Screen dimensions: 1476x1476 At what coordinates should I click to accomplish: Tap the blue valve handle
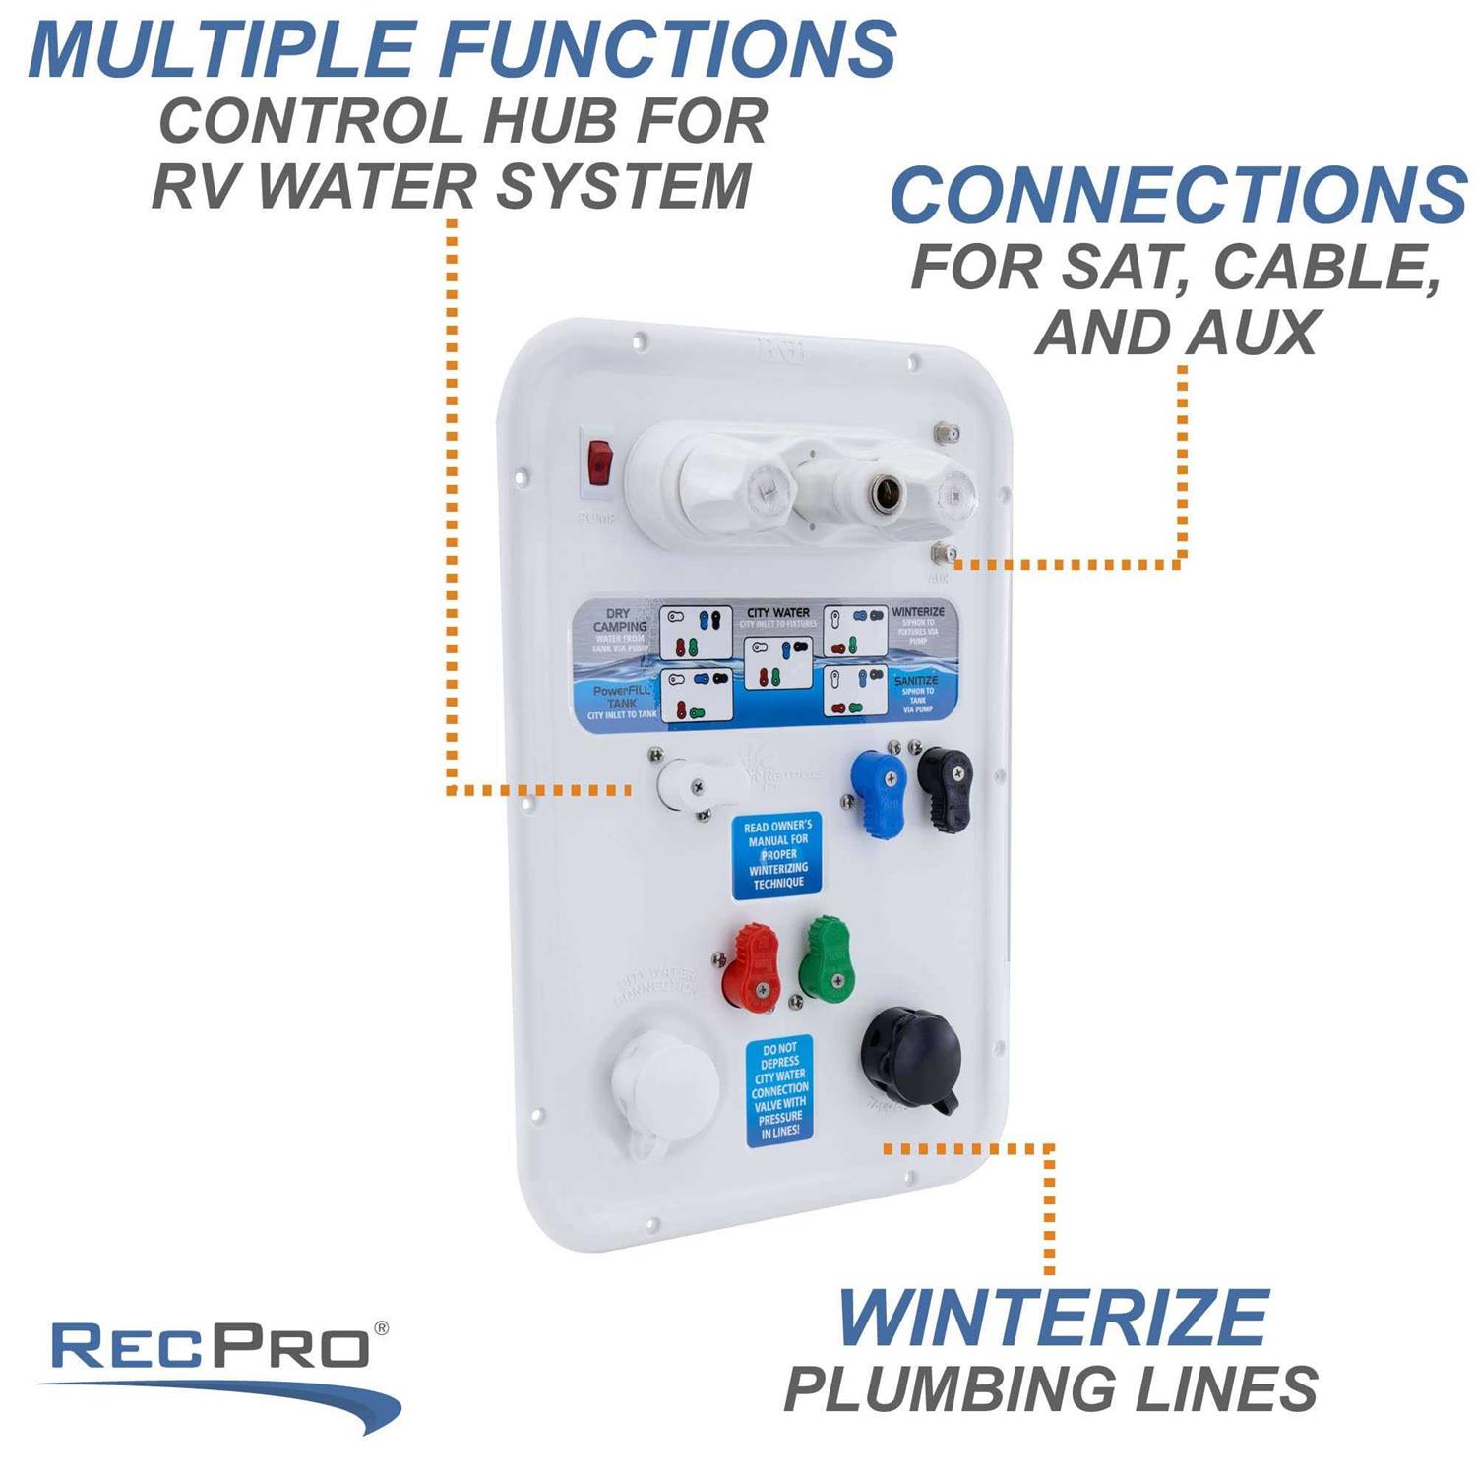(x=878, y=791)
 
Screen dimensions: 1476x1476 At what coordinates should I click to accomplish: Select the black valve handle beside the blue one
(x=945, y=786)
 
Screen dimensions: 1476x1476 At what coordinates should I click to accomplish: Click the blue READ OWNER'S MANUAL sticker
(x=777, y=854)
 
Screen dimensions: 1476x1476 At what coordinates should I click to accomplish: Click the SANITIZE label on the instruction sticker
(x=915, y=681)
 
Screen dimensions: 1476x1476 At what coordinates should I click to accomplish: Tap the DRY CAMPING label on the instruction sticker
(x=620, y=620)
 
